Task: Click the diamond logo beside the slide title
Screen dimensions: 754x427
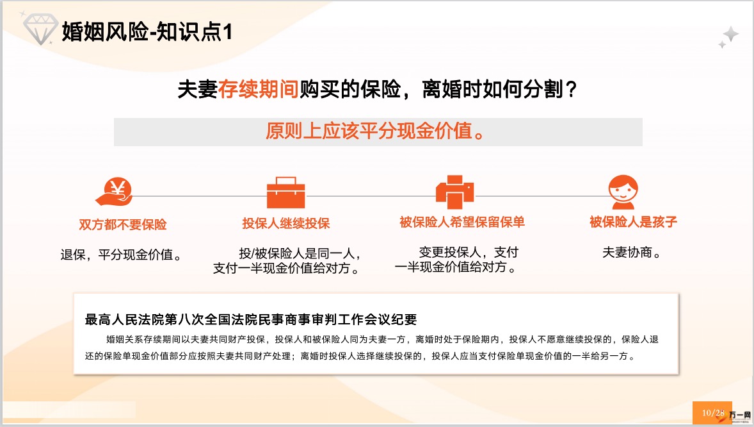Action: point(40,29)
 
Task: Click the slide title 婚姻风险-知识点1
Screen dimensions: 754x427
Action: point(147,32)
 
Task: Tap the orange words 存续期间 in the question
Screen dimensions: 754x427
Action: point(258,89)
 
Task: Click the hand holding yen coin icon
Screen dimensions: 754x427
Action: point(115,192)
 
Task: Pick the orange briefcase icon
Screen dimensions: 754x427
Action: point(286,192)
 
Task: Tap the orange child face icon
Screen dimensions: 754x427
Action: point(623,192)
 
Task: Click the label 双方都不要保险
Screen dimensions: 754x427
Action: point(123,224)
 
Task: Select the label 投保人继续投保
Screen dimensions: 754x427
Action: point(286,224)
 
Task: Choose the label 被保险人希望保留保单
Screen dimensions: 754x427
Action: point(462,222)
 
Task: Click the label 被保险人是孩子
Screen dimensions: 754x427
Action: point(633,222)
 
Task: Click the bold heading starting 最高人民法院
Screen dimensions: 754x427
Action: point(250,319)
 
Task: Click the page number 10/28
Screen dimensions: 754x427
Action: point(712,412)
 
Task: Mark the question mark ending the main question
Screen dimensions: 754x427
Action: point(572,89)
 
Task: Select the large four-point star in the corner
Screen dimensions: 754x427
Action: point(731,34)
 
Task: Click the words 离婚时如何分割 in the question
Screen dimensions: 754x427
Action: point(492,89)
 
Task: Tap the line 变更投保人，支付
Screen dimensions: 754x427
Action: point(469,252)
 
